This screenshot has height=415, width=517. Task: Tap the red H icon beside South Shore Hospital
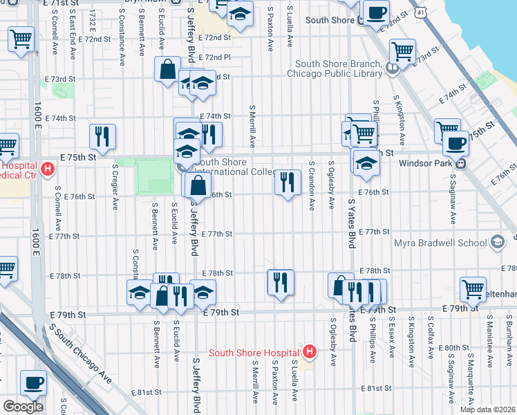tap(310, 352)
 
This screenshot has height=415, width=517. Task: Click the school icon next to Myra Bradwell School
tap(496, 243)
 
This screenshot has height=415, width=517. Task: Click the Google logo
tap(23, 407)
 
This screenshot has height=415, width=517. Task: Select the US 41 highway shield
tap(422, 12)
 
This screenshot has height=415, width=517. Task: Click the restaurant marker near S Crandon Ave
tap(288, 183)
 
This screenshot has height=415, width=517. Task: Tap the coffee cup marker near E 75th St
tap(455, 142)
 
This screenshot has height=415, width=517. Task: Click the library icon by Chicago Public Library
tap(392, 68)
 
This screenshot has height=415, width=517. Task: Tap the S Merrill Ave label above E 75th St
tap(253, 127)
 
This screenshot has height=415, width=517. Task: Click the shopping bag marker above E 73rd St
tap(167, 69)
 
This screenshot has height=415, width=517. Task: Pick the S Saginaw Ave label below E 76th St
tap(453, 203)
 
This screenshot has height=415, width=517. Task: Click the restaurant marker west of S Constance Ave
tap(102, 136)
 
